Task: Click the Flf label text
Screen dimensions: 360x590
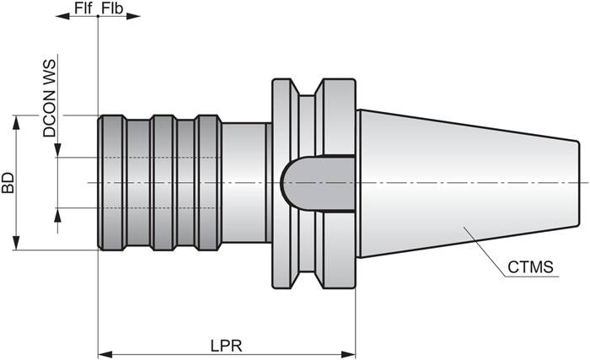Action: click(x=83, y=8)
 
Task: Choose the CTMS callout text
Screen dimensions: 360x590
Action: click(x=531, y=268)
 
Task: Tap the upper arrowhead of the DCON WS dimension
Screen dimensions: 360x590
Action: click(x=57, y=150)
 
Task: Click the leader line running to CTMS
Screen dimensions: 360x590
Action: click(x=485, y=253)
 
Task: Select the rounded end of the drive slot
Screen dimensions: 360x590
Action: click(x=287, y=182)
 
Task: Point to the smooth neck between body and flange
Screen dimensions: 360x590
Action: click(x=244, y=182)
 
